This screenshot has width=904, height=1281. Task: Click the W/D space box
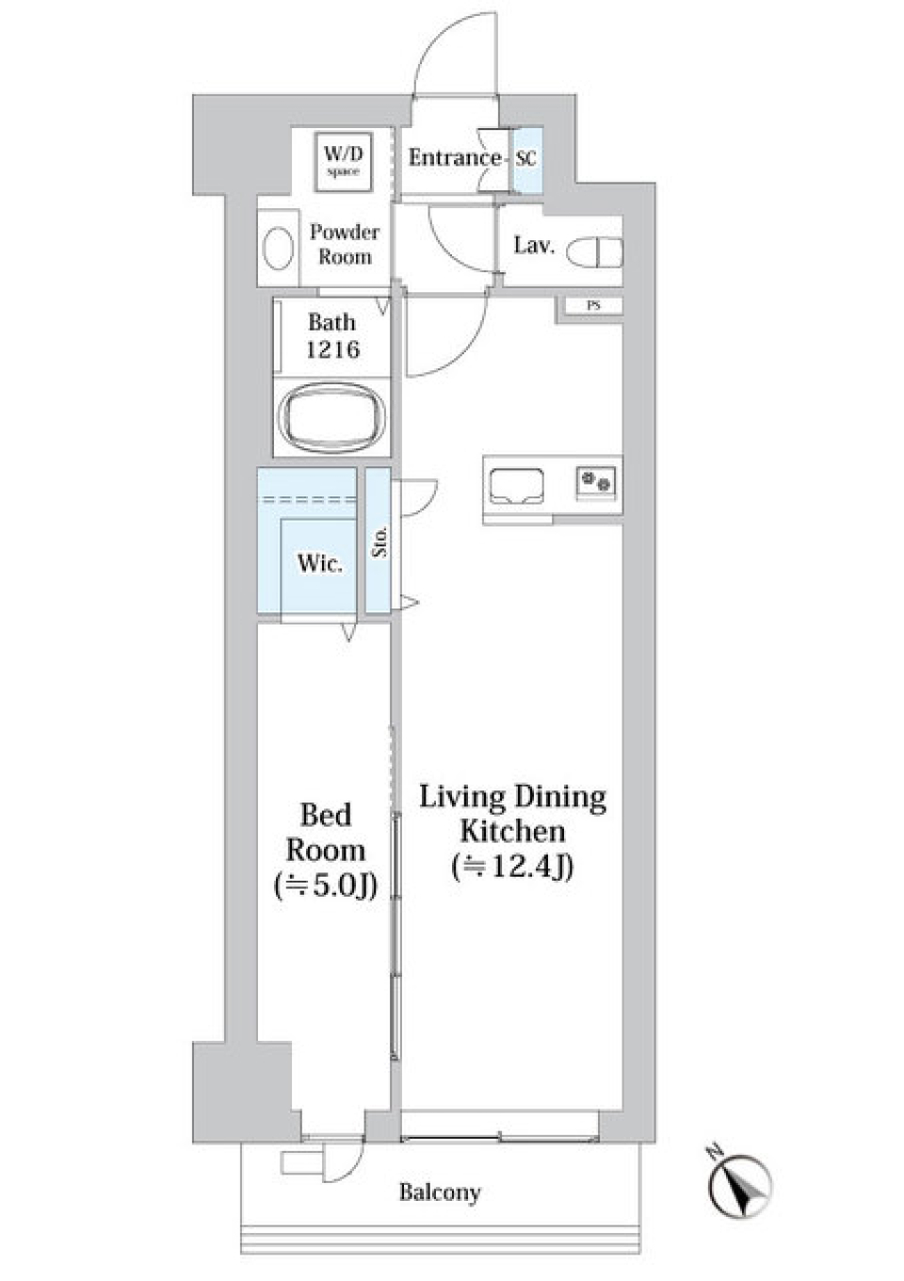click(x=344, y=161)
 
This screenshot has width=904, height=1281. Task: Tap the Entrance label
click(x=454, y=157)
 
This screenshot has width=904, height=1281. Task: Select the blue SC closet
click(x=526, y=159)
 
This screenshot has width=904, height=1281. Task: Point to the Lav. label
click(x=533, y=246)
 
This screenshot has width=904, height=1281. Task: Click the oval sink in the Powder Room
click(x=278, y=251)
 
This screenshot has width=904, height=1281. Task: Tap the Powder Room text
click(x=345, y=244)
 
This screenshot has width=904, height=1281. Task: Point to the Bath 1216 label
click(x=332, y=335)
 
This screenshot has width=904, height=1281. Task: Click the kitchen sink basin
click(x=516, y=486)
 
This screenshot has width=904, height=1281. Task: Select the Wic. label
click(x=319, y=563)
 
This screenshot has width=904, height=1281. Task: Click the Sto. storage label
click(x=379, y=542)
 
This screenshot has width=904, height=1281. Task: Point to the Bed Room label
click(x=326, y=833)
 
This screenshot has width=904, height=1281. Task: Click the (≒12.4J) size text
click(x=513, y=867)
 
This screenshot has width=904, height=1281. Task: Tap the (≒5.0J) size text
click(x=326, y=885)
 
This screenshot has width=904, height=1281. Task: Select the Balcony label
click(x=440, y=1192)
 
